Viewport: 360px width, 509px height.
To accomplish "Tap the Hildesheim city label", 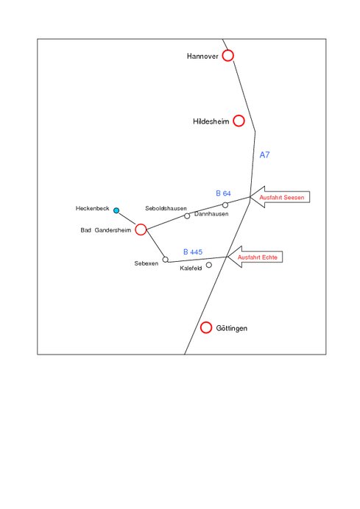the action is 211,121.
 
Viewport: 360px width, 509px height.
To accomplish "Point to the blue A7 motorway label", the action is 264,155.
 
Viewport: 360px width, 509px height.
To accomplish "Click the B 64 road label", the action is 223,193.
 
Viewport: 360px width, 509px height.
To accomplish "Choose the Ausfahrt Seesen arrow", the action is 280,197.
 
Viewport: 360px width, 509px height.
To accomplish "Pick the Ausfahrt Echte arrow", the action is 255,257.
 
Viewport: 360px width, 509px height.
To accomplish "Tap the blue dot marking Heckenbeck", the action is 116,210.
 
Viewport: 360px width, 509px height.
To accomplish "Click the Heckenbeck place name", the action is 92,208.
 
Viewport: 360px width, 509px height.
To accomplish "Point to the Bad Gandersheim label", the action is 105,230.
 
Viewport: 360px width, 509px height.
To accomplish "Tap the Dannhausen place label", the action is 211,214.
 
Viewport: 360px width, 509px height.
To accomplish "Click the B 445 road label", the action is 193,252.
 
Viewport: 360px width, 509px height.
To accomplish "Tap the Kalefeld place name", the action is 191,268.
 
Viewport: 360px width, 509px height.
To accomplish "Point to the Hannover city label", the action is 202,56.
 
